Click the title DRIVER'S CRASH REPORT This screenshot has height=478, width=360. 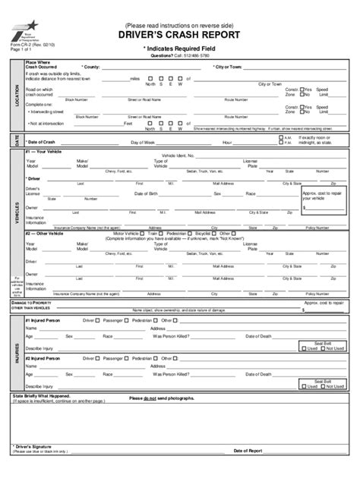179,35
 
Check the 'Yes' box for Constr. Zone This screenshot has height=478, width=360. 302,89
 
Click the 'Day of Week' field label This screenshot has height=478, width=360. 143,142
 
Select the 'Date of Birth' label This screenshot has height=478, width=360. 147,193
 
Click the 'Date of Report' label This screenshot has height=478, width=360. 248,450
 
